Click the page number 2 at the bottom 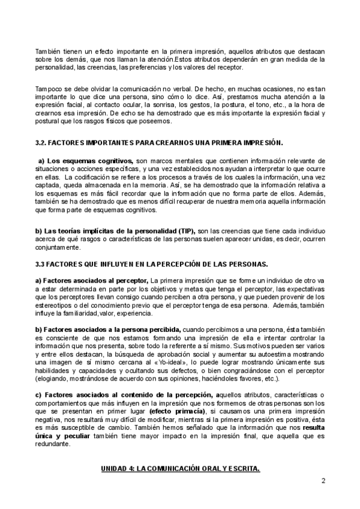click(x=323, y=480)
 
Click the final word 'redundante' click(x=53, y=444)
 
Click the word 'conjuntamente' click(x=58, y=248)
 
